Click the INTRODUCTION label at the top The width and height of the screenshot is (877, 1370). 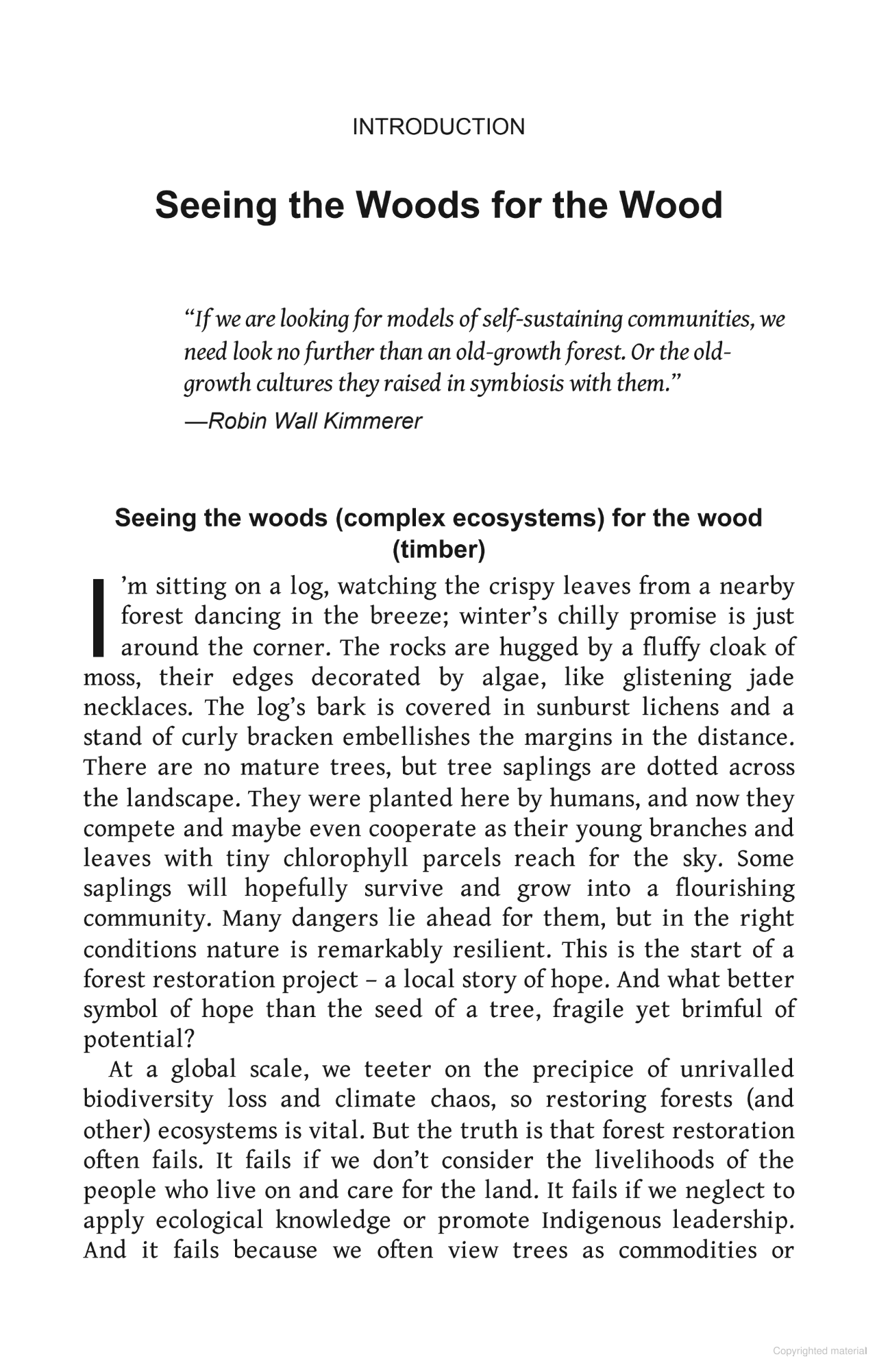click(438, 127)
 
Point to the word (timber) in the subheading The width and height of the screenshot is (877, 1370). click(438, 549)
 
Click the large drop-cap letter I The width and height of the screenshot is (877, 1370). click(97, 615)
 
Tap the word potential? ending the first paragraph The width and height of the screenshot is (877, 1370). click(139, 1039)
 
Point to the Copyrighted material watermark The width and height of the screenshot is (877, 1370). click(819, 1351)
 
